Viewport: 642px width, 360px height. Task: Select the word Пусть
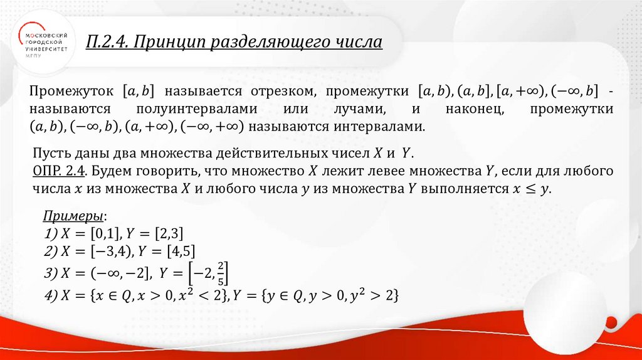pyautogui.click(x=48, y=153)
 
